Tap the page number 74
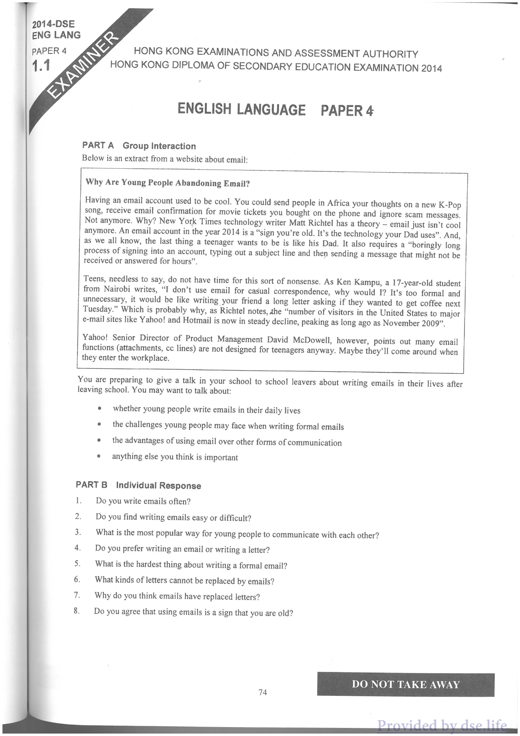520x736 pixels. click(263, 693)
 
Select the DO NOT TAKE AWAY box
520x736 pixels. click(405, 684)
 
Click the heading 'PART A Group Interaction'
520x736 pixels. click(139, 146)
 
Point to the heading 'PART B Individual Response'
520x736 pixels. click(138, 485)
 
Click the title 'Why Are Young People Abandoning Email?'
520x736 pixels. click(167, 183)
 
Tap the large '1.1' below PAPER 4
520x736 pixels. click(41, 66)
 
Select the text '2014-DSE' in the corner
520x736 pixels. click(53, 24)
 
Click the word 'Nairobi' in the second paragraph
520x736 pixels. click(116, 289)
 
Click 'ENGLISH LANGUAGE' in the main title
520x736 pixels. click(241, 109)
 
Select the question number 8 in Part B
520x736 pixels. click(76, 610)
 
